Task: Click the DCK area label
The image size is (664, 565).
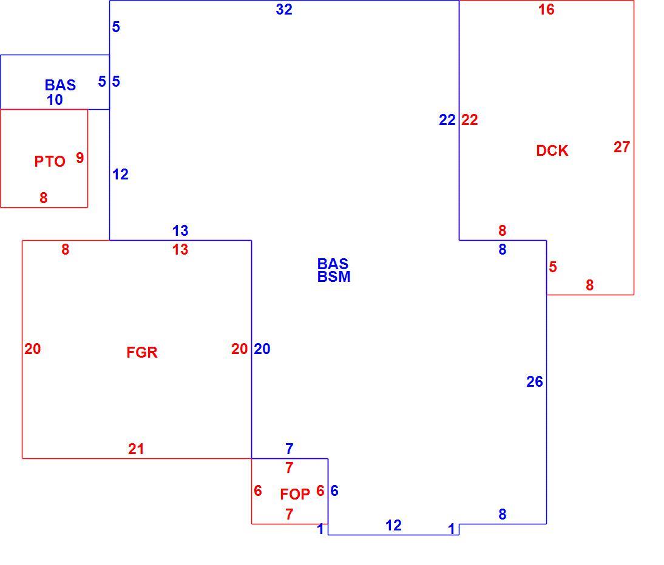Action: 552,150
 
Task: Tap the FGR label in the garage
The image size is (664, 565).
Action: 142,352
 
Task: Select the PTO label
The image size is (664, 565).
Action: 50,161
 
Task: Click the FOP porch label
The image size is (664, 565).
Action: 295,494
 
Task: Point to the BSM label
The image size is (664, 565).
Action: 334,276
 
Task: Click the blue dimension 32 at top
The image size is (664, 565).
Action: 283,9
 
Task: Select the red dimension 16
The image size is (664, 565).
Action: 546,9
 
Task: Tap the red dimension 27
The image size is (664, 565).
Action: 622,147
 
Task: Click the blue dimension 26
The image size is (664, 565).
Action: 535,382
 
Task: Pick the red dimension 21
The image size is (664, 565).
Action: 136,449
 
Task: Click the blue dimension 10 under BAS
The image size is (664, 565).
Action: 55,100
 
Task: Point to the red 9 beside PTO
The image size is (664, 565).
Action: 80,158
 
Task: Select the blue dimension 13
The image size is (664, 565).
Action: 180,231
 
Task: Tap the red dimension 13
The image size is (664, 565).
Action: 180,250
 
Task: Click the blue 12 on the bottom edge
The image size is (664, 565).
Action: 393,525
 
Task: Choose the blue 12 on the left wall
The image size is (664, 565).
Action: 120,174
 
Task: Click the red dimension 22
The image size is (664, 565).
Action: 470,120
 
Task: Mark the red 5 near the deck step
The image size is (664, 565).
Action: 553,267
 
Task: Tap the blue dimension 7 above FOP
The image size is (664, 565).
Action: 290,448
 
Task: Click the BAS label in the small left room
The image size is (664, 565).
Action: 60,85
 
